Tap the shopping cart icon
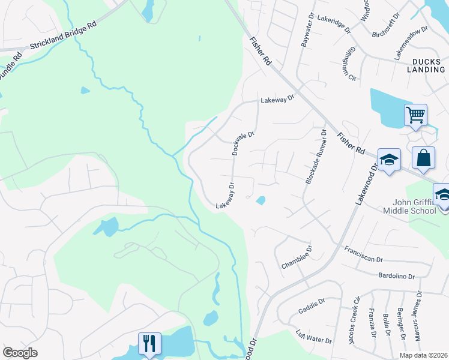pos(415,114)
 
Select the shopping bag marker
pos(423,158)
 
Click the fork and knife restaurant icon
pos(149,344)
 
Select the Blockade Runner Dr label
pos(315,157)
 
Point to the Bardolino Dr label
pos(397,275)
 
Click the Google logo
pos(20,353)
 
